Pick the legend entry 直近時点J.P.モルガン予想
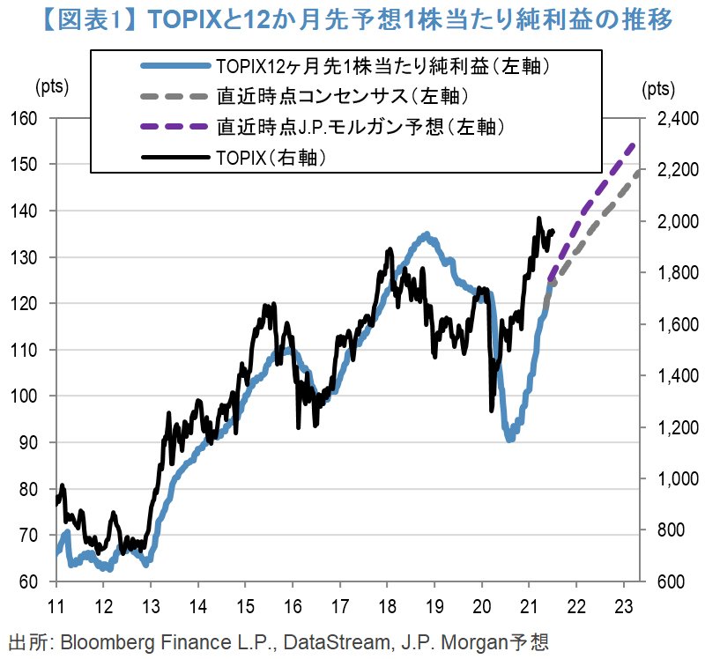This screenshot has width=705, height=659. click(360, 127)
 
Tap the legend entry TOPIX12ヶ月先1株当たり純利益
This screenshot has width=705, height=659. click(389, 65)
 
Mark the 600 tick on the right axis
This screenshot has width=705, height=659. click(670, 582)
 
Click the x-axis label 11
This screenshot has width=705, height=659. click(56, 607)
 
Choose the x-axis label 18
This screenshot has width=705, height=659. click(387, 607)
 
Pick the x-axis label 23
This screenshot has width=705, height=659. click(624, 607)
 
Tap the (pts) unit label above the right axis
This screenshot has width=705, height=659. click(657, 87)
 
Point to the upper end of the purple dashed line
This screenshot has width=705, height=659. click(632, 144)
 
